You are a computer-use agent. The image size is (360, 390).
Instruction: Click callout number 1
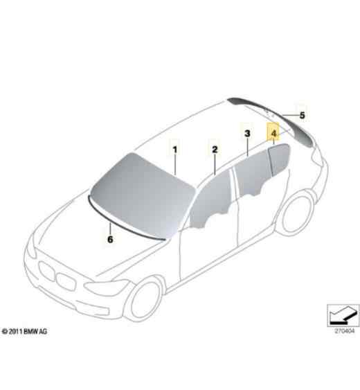175,150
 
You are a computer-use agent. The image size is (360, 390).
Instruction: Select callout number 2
215,149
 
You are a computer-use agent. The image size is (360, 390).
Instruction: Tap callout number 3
247,134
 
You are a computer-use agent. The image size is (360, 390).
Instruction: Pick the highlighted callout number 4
273,134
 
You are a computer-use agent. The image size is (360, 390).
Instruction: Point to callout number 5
302,116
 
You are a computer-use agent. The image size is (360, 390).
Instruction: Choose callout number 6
110,240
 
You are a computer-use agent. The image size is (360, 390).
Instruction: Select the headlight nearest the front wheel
106,287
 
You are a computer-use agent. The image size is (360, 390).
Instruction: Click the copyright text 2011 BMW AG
24,331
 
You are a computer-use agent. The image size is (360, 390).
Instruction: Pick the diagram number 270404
344,331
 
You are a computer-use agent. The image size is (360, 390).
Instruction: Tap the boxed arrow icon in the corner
343,315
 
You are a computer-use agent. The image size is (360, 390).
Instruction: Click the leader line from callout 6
110,229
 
